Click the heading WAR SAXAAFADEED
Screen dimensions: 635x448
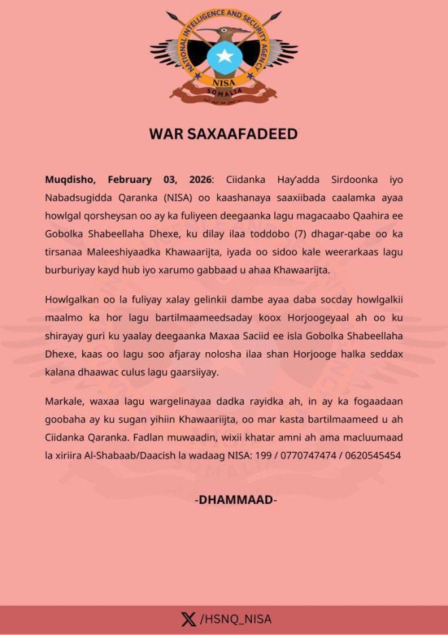coord(223,134)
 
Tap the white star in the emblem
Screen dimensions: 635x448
coord(223,55)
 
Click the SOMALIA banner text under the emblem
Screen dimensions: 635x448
coord(223,90)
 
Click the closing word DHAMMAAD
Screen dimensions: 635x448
coord(236,500)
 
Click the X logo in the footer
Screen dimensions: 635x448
coord(189,619)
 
